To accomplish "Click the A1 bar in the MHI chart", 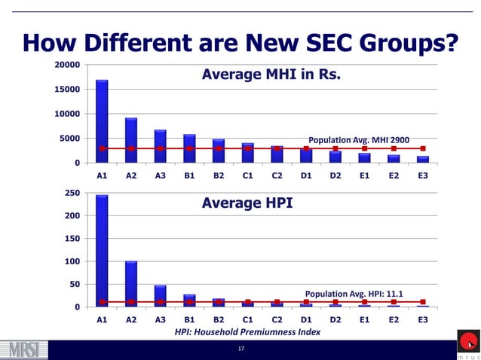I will (102, 121).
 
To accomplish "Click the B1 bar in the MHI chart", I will (189, 148).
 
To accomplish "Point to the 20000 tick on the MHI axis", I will (67, 65).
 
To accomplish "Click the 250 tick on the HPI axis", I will (72, 194).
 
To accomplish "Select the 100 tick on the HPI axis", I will (72, 261).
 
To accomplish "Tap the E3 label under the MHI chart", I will (422, 175).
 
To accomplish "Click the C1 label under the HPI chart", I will (247, 319).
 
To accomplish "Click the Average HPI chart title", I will (247, 203).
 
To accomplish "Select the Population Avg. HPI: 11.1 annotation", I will (354, 293).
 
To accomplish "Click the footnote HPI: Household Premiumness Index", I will (247, 331).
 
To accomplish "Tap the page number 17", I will (240, 349).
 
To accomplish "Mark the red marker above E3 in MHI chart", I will (422, 148).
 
